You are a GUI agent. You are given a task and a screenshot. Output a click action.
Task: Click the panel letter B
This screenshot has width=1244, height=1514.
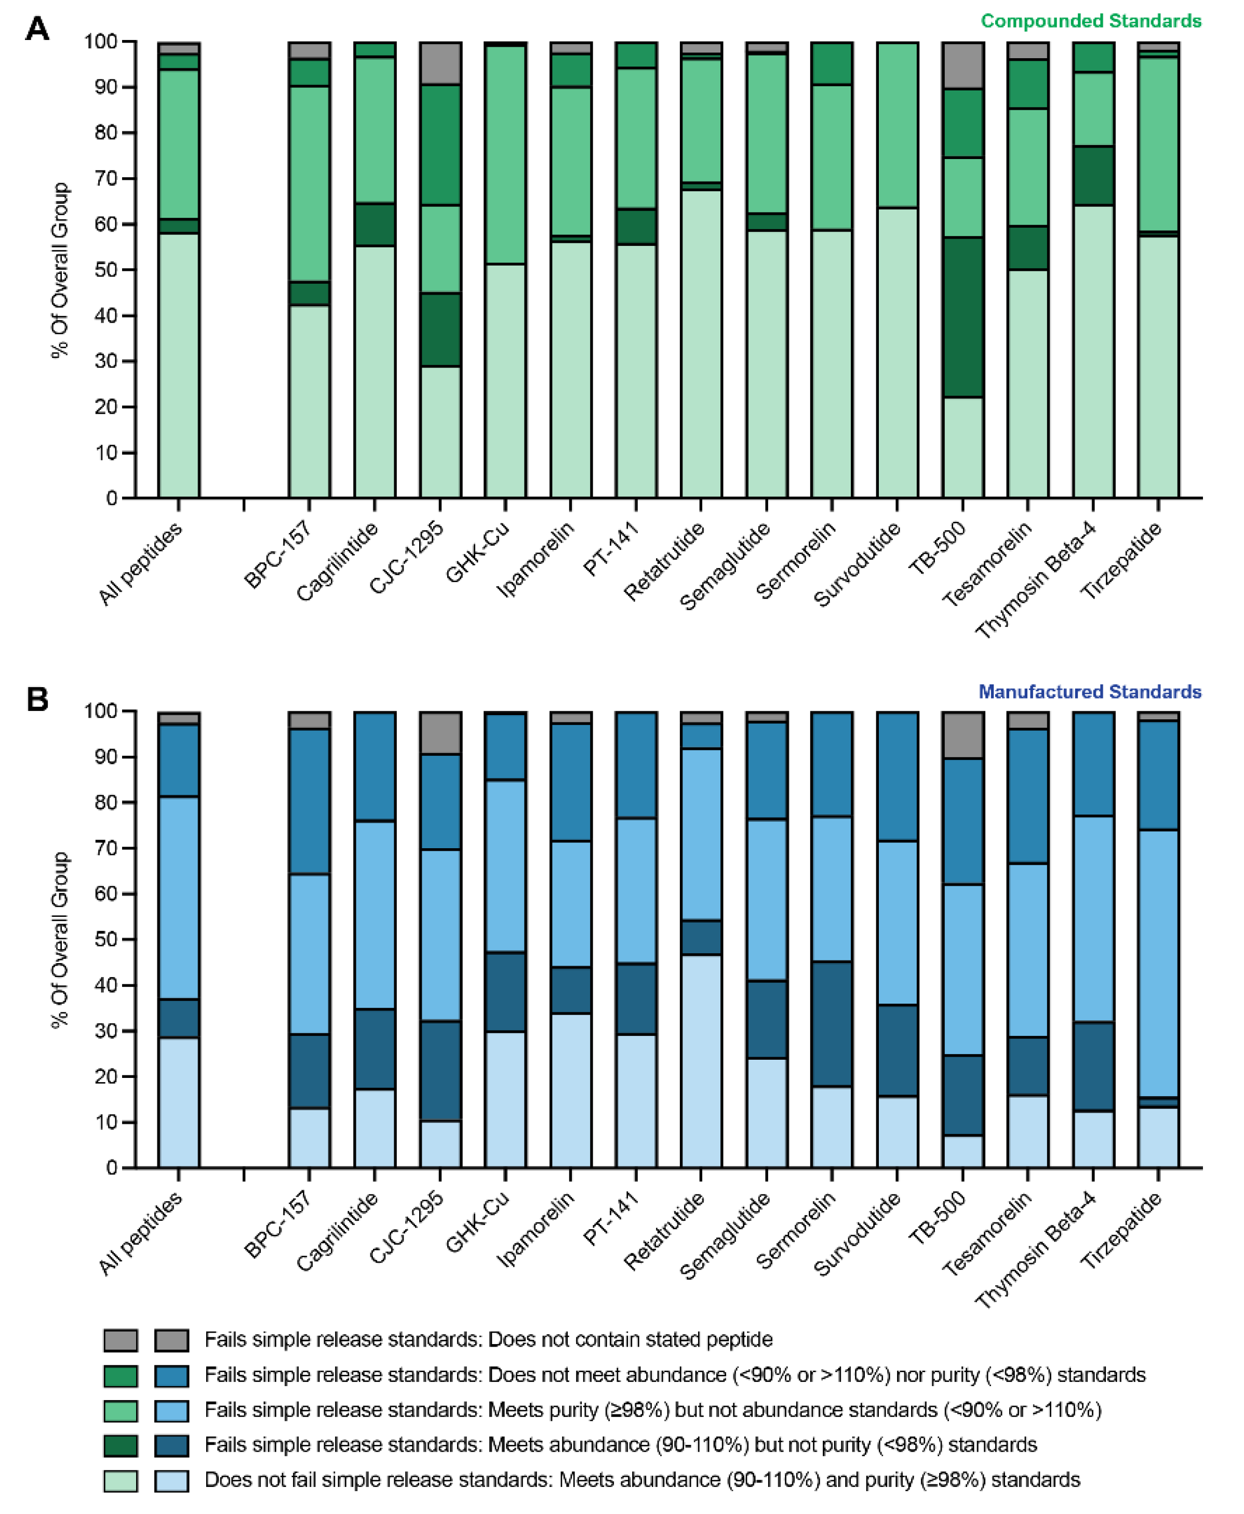point(37,699)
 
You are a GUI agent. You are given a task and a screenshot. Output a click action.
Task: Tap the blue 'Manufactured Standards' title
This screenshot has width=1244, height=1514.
point(1089,692)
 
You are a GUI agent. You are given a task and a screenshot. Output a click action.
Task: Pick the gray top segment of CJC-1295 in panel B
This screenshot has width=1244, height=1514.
point(440,733)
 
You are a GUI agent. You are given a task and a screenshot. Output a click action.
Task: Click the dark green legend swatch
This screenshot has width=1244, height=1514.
point(121,1444)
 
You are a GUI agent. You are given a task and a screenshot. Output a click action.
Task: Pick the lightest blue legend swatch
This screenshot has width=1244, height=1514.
point(172,1480)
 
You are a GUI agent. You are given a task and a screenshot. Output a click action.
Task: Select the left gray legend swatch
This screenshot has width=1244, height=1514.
point(121,1339)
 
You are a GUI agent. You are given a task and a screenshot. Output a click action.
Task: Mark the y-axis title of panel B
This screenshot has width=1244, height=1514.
point(60,939)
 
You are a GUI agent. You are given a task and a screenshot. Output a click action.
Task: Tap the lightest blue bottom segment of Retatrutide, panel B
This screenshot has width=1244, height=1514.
point(701,1061)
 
